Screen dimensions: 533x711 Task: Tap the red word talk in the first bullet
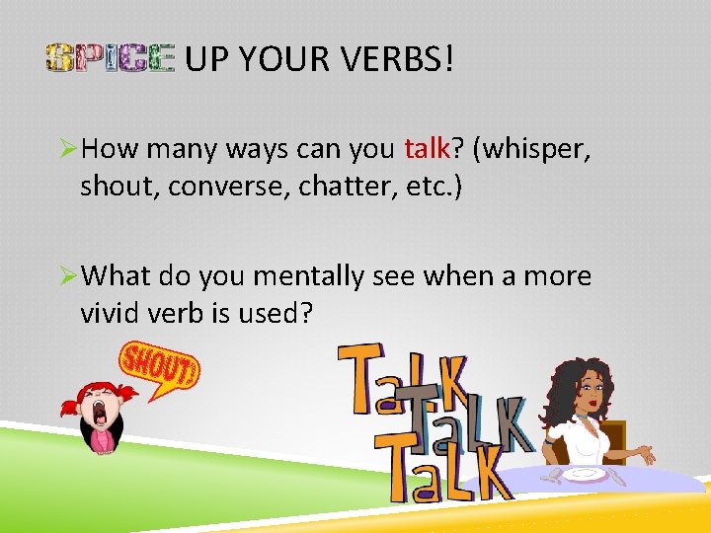tap(428, 149)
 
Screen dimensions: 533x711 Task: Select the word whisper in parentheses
tap(538, 149)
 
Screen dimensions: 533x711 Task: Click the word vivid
tap(110, 313)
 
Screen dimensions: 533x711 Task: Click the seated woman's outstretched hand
tap(646, 455)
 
